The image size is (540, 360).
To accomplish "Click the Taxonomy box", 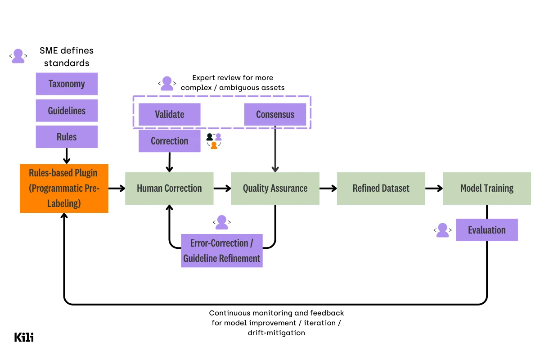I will [x=67, y=84].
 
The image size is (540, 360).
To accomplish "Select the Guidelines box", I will [x=67, y=110].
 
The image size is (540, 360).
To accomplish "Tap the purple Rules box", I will [x=67, y=137].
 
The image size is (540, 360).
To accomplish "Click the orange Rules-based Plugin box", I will [x=64, y=188].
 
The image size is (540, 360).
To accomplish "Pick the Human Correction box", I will [x=169, y=188].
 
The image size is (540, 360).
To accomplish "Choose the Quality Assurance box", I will [x=275, y=188].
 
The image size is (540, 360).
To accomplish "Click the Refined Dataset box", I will [x=381, y=188].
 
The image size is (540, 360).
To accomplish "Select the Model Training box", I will [x=486, y=188].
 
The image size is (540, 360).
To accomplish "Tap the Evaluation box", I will [x=486, y=230].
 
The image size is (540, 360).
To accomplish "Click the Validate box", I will [x=169, y=114].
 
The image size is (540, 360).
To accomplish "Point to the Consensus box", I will [x=275, y=114].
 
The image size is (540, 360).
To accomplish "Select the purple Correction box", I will [x=169, y=141].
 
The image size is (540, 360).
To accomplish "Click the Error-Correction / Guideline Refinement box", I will [x=221, y=251].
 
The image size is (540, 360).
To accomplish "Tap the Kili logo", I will [x=24, y=337].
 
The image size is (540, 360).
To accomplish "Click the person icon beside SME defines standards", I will [x=18, y=56].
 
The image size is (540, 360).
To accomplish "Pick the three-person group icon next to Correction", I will [x=214, y=141].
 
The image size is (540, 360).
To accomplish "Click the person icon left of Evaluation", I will [x=443, y=230].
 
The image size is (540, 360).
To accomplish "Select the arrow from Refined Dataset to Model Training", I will [x=434, y=188].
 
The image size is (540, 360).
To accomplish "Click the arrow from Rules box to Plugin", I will [x=67, y=156].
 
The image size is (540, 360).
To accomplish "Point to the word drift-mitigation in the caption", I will [x=276, y=333].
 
